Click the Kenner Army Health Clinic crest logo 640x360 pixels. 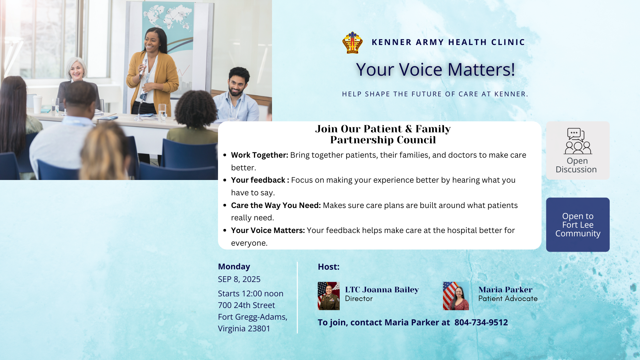[x=352, y=42]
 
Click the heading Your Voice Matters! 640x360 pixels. [x=435, y=69]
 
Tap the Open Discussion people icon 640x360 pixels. [x=578, y=141]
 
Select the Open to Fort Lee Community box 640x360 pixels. [x=578, y=225]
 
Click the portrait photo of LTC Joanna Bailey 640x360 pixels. [x=328, y=296]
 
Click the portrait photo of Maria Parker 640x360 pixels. [x=456, y=296]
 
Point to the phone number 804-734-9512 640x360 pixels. [x=481, y=322]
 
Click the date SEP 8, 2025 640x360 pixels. [x=239, y=279]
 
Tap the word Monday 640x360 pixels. [x=234, y=267]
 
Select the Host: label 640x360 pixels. [x=329, y=267]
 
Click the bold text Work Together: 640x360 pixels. [x=260, y=155]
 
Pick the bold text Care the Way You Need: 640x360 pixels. [x=276, y=205]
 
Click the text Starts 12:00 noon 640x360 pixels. [x=251, y=294]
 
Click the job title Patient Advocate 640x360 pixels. [x=508, y=299]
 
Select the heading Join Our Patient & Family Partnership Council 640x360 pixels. [x=383, y=134]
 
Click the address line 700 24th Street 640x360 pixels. [x=246, y=305]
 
